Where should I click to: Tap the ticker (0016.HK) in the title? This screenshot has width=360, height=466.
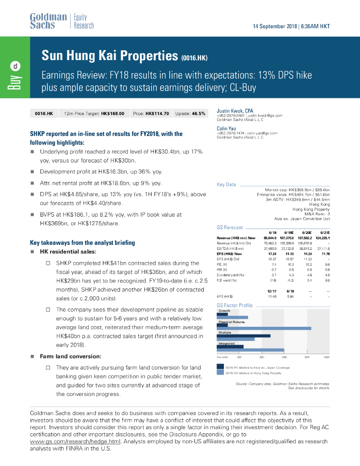(x=194, y=58)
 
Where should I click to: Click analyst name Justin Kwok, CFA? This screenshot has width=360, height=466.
(x=235, y=111)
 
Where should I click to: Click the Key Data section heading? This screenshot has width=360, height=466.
(x=227, y=185)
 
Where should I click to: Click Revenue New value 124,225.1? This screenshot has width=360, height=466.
(x=321, y=238)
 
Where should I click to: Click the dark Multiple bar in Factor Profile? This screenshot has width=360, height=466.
(x=243, y=336)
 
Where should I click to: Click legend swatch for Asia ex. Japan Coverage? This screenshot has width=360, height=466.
(x=220, y=367)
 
